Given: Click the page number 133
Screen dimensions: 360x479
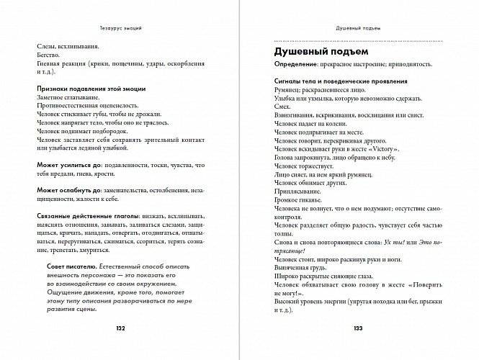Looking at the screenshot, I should [x=358, y=328].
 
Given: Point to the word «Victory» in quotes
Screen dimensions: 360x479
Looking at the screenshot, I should [x=382, y=148].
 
